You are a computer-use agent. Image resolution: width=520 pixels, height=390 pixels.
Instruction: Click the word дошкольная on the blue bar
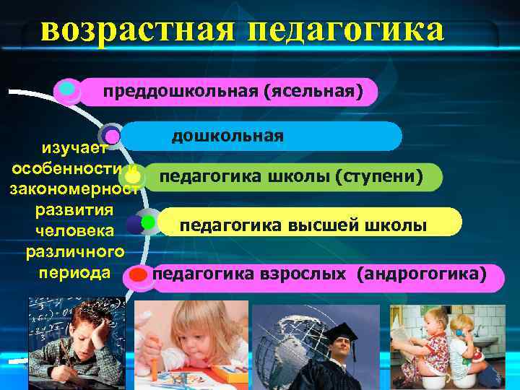227,136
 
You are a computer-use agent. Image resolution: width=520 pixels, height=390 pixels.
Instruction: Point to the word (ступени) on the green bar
378,177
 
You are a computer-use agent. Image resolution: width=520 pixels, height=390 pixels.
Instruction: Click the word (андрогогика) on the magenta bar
426,274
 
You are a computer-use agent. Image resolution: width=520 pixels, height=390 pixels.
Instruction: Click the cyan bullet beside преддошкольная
67,90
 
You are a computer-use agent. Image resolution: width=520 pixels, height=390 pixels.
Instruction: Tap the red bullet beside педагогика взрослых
138,275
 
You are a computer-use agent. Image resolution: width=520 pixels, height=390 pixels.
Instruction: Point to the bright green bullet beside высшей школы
148,222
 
